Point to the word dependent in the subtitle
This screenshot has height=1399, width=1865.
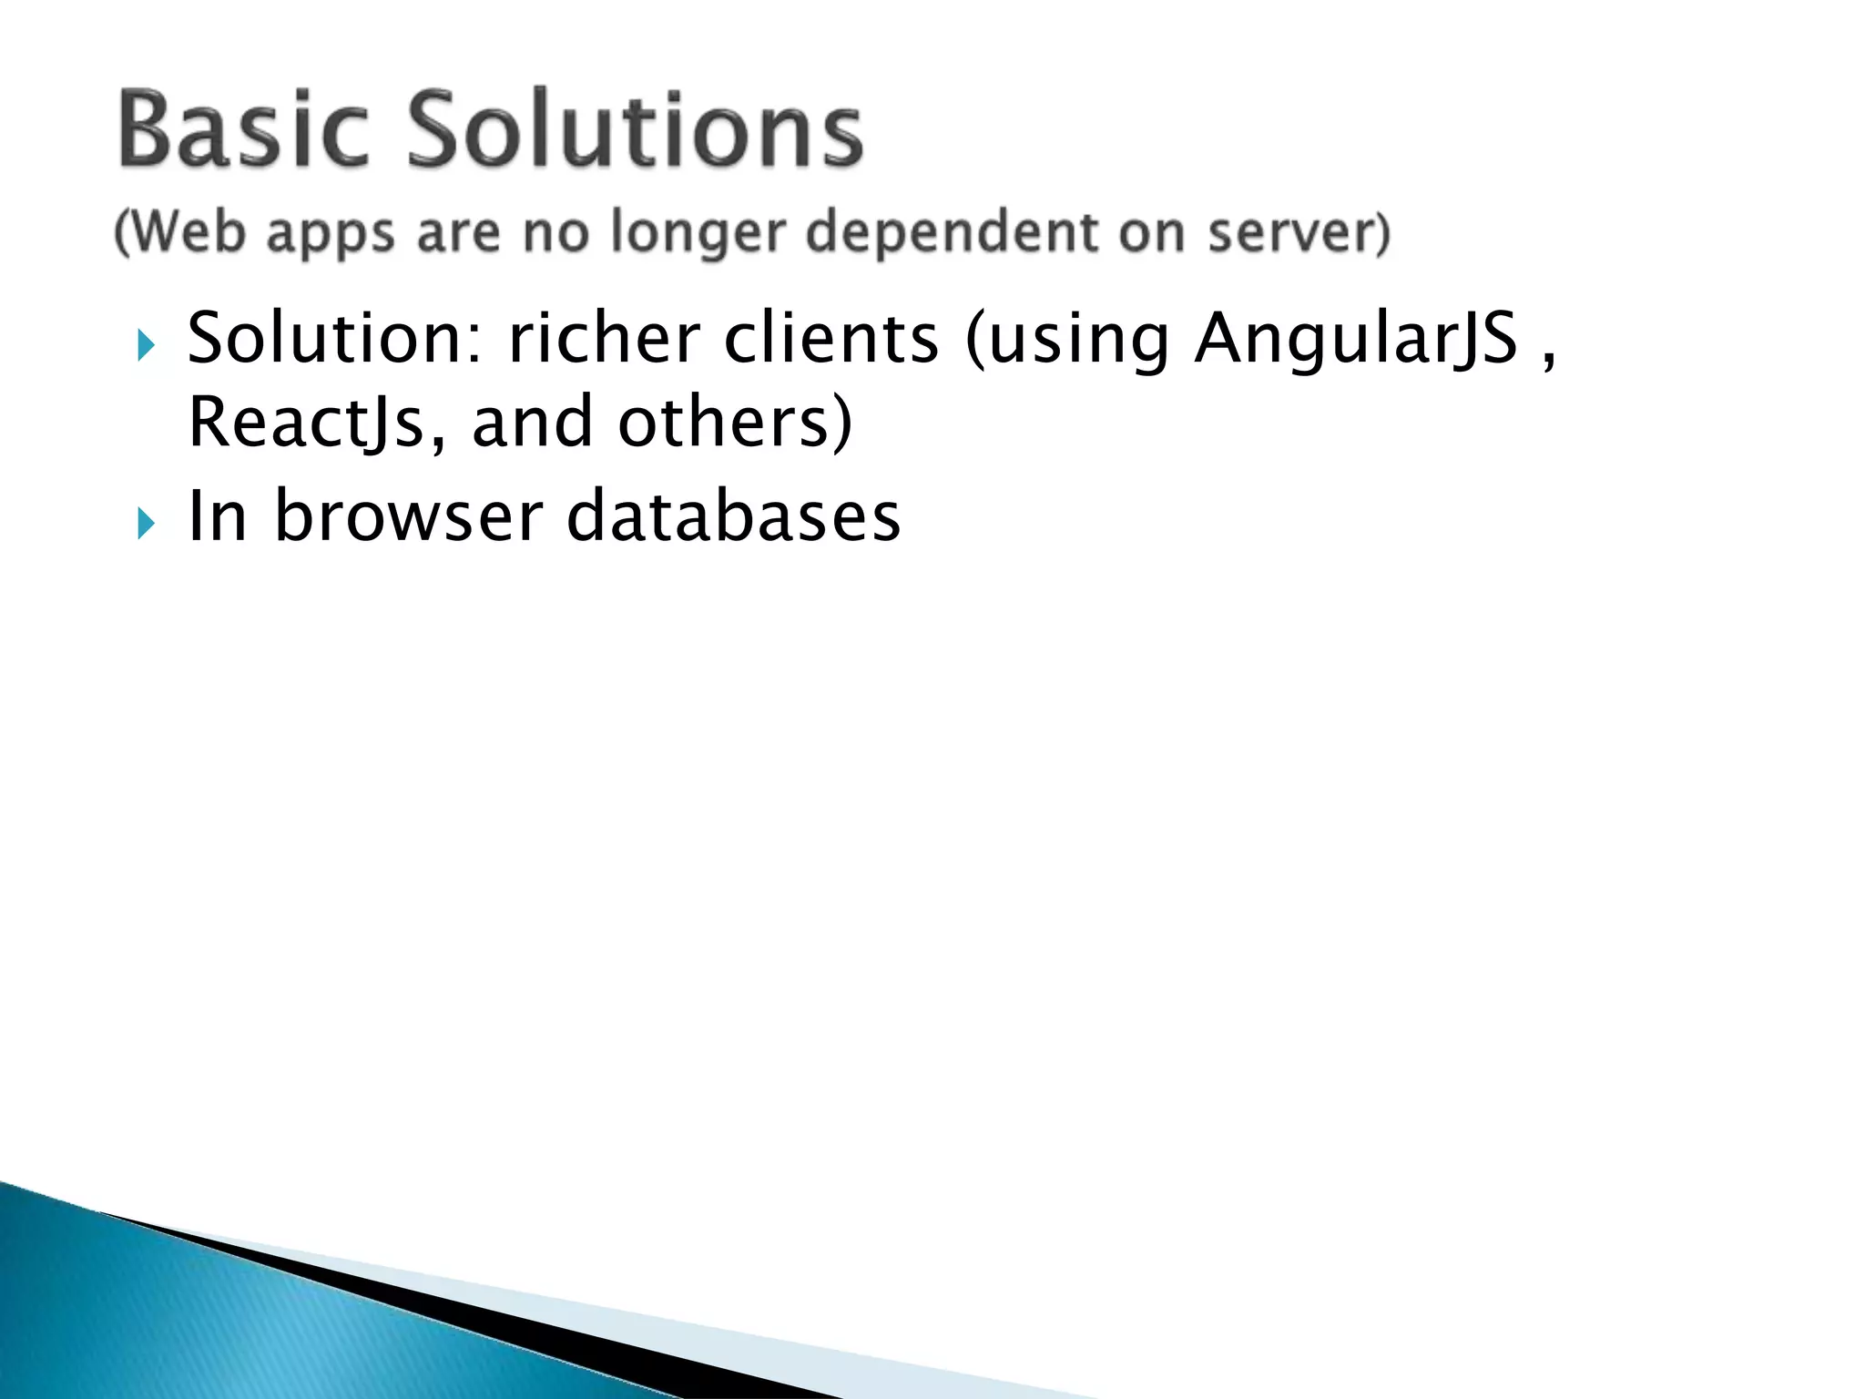pos(952,232)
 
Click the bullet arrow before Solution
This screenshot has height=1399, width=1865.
pos(146,346)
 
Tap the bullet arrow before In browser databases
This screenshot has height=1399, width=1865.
pos(146,523)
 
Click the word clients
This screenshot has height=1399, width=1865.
pos(831,338)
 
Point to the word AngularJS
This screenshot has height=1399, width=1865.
pos(1356,340)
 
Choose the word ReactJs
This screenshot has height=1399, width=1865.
pos(306,423)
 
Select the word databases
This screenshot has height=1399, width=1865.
pos(733,516)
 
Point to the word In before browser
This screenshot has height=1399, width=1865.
pos(218,516)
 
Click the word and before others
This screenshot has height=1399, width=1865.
pos(532,423)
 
